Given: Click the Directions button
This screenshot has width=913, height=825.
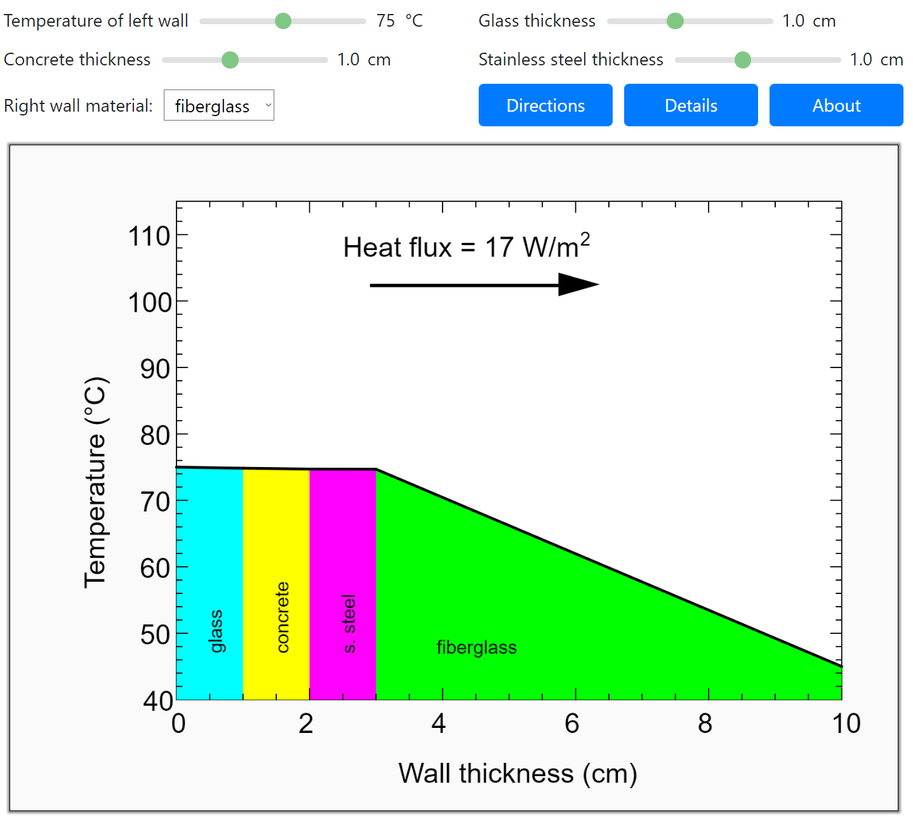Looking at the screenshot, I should (545, 105).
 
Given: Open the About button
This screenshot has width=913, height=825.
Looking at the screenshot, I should (836, 105).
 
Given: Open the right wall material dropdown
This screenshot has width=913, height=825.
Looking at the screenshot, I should (219, 105).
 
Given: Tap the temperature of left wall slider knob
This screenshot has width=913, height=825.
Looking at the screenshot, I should (283, 21).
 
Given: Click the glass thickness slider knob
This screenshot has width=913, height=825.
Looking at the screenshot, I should (675, 21).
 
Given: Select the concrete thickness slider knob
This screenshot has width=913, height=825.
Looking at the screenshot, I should (230, 60).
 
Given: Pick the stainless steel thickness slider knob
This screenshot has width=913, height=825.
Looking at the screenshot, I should (742, 60).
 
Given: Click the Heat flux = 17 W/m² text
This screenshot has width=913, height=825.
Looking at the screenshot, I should (467, 247).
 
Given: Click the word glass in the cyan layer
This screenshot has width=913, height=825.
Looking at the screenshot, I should (216, 631).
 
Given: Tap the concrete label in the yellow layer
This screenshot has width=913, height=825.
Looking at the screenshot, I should (283, 617).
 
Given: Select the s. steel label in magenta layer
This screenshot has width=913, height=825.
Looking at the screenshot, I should (349, 623).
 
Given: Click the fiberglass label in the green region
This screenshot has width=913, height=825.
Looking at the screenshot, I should (477, 647).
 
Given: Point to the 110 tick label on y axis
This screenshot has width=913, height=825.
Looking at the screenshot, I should (149, 236).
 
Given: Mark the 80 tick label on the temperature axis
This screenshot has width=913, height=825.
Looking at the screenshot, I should (155, 435).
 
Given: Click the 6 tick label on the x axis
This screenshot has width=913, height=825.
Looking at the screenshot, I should (572, 723).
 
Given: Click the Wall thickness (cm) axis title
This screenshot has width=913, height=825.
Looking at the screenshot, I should (517, 774).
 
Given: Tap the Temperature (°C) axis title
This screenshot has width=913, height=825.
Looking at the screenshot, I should (97, 482).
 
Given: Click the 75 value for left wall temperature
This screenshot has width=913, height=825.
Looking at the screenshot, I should (385, 21).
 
